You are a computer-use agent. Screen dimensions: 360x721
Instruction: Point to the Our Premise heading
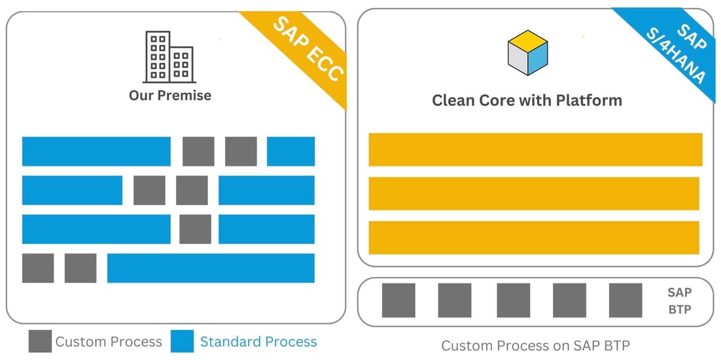tap(170, 96)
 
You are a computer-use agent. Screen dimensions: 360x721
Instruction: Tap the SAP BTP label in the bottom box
tap(679, 301)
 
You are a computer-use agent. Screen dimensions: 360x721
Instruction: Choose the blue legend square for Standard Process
tap(182, 342)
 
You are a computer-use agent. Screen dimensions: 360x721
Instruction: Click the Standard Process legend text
tap(258, 342)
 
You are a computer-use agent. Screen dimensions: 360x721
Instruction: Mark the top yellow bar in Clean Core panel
tap(535, 149)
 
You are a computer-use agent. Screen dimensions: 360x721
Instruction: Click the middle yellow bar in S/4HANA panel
tap(534, 193)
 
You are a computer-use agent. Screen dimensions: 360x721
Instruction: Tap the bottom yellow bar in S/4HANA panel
tap(534, 238)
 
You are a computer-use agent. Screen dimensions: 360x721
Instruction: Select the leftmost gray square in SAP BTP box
tap(398, 300)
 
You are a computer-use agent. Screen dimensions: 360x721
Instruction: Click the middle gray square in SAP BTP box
tap(513, 300)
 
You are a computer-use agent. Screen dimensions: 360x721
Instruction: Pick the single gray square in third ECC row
tap(195, 229)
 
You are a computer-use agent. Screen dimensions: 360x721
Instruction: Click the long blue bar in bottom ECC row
tap(211, 268)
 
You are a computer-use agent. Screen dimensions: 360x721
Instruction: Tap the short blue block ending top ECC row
tap(290, 151)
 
